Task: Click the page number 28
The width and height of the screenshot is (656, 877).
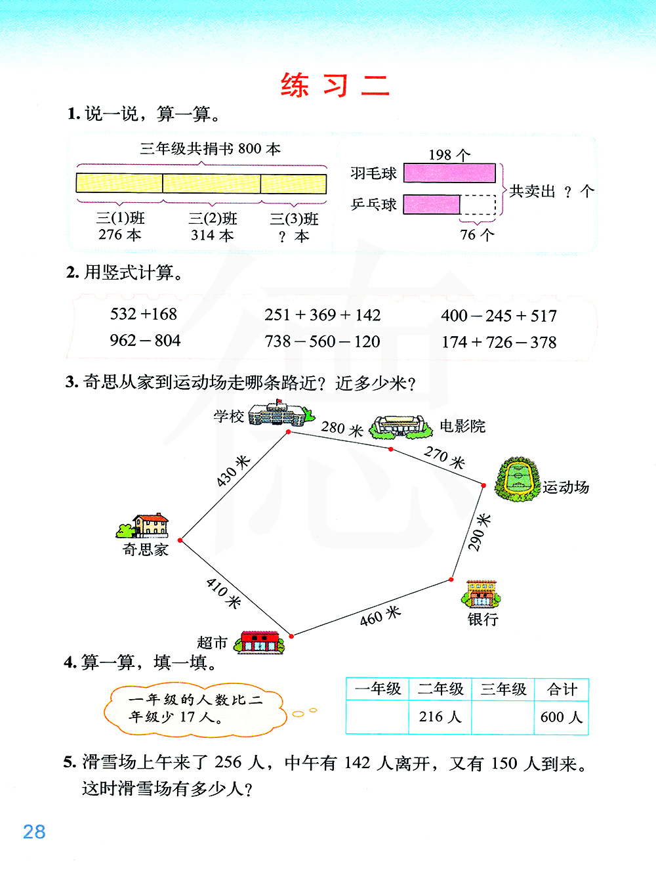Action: point(34,832)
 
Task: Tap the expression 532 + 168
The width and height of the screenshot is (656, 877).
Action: point(144,314)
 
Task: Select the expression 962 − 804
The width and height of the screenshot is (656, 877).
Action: point(145,341)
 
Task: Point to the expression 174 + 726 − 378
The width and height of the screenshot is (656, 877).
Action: point(499,343)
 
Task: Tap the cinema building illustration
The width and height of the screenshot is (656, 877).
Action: point(400,427)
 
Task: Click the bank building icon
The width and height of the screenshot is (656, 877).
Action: point(481,594)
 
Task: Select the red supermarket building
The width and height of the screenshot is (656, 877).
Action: point(260,642)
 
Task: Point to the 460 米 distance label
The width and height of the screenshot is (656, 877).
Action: point(380,616)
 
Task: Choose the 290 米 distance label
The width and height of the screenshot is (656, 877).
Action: point(479,532)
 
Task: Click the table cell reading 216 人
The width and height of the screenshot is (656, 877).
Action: point(440,717)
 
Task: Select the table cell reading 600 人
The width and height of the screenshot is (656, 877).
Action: point(562,717)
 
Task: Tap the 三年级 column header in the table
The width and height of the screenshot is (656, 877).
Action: point(503,689)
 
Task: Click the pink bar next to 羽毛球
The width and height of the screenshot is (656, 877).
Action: point(449,173)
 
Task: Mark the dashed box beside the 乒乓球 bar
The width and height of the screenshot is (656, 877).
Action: point(478,205)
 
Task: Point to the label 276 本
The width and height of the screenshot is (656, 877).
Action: point(120,235)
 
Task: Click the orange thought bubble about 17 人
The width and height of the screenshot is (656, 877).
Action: point(195,709)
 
